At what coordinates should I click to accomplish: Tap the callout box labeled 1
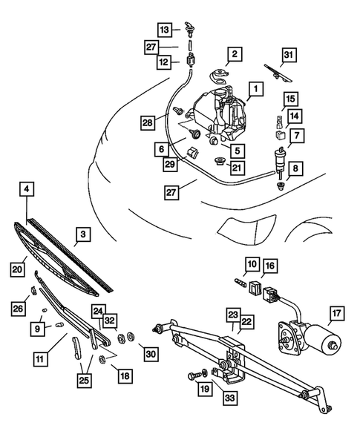pos(254,91)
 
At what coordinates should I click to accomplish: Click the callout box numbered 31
pos(289,55)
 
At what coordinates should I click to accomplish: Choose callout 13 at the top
pos(165,29)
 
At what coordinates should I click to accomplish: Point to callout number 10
pos(252,264)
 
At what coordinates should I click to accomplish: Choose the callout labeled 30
pos(151,355)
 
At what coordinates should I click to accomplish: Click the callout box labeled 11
pos(39,358)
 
